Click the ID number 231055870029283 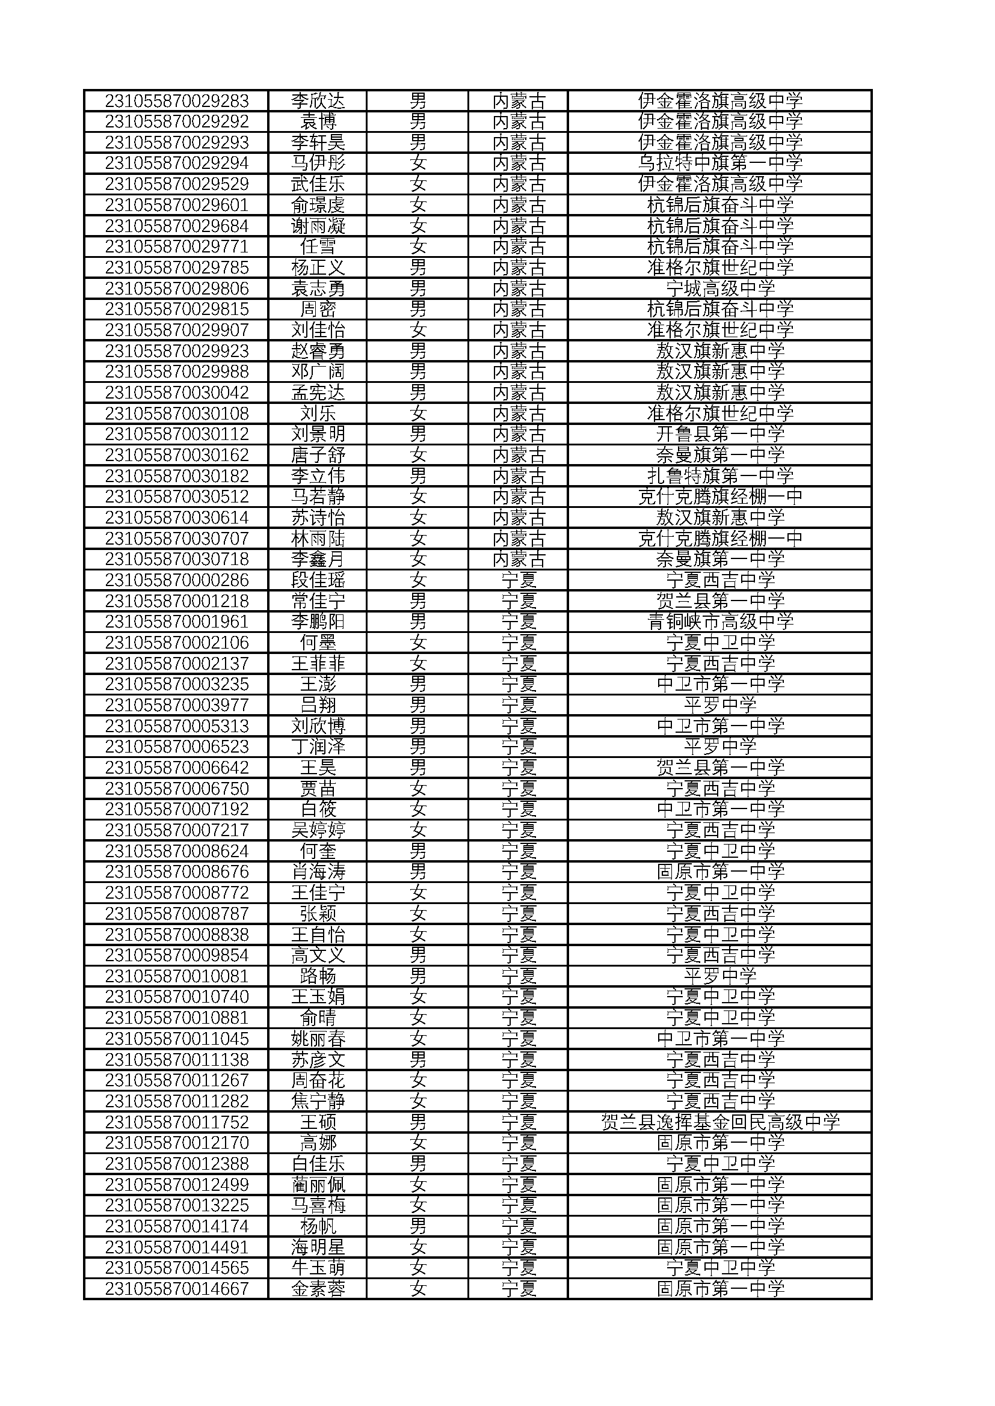click(x=176, y=100)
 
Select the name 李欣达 click(x=318, y=100)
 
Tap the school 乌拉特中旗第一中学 click(x=720, y=163)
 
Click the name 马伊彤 click(x=318, y=163)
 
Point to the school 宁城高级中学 click(x=720, y=288)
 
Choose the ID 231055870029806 click(x=176, y=288)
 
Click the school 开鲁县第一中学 click(x=720, y=434)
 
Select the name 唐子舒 click(x=318, y=455)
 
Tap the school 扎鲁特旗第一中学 click(x=720, y=476)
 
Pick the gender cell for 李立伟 click(x=418, y=476)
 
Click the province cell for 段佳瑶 click(x=519, y=580)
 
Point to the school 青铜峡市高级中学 click(x=720, y=622)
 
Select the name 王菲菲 click(x=318, y=663)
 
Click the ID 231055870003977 click(x=176, y=705)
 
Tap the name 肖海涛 click(x=318, y=872)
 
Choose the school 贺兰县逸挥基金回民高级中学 click(x=720, y=1122)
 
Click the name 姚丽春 click(x=318, y=1039)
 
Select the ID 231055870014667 click(x=176, y=1289)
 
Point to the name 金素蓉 click(x=318, y=1289)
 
